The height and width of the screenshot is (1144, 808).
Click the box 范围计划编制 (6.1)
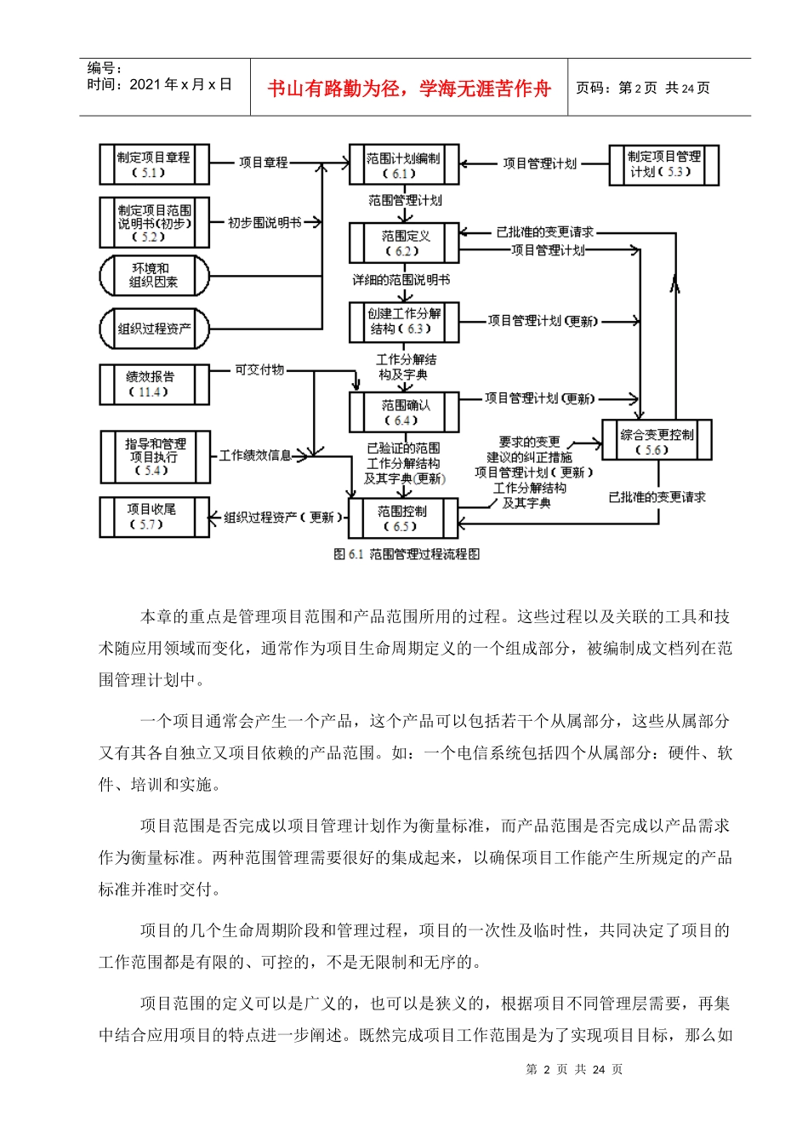tap(404, 165)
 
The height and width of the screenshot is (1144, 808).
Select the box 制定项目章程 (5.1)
tap(154, 164)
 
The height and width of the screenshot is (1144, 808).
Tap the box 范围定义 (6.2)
tap(404, 243)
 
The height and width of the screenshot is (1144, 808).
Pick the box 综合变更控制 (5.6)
tap(656, 441)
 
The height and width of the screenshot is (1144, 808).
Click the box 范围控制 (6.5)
tap(404, 518)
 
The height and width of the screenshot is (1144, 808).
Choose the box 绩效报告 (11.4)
tap(154, 384)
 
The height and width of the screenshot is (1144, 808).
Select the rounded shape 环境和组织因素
tap(154, 275)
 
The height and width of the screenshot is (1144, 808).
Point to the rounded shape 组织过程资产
tap(154, 329)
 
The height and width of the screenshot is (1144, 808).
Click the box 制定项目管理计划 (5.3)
tap(663, 164)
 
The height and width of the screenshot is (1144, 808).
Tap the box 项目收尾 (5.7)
tap(154, 517)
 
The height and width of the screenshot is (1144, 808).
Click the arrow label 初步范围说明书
tap(265, 223)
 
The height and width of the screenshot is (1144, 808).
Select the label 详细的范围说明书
tap(401, 280)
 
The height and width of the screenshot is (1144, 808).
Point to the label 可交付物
tap(259, 370)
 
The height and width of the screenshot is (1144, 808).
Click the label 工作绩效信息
tap(255, 455)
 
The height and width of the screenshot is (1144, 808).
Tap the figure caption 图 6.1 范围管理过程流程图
tap(407, 554)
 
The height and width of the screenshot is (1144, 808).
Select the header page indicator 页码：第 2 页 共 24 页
tap(643, 88)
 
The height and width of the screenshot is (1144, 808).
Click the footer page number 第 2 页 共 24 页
tap(574, 1070)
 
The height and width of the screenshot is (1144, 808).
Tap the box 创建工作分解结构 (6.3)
tap(404, 322)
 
